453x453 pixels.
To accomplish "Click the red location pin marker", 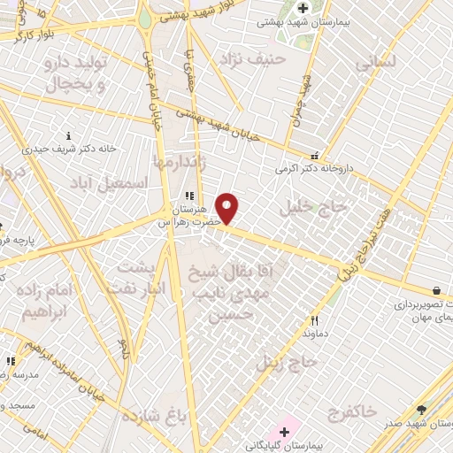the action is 227,208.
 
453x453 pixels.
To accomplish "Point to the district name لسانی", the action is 375,64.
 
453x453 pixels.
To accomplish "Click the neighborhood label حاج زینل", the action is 287,361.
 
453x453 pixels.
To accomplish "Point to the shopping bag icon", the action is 437,290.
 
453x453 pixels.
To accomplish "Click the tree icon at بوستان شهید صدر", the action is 421,409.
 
